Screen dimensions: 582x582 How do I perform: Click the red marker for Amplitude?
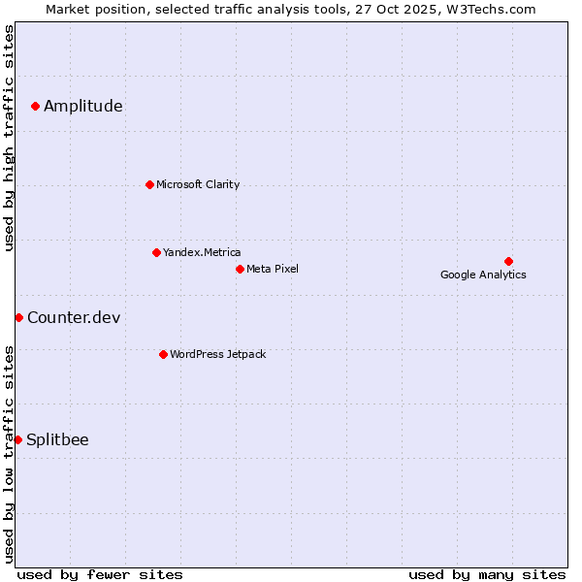pyautogui.click(x=35, y=106)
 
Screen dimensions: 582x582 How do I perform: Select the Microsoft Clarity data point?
pyautogui.click(x=149, y=184)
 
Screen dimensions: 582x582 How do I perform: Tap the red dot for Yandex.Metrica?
pyautogui.click(x=156, y=252)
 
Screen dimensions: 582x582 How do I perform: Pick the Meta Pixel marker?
pyautogui.click(x=240, y=269)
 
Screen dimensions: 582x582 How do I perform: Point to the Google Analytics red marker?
pyautogui.click(x=508, y=261)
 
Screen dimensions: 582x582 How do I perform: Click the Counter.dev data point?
pyautogui.click(x=18, y=317)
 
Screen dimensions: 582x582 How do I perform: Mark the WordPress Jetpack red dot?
pyautogui.click(x=163, y=354)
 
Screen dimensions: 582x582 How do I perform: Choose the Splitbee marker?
pyautogui.click(x=17, y=439)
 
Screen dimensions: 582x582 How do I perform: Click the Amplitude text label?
pyautogui.click(x=83, y=107)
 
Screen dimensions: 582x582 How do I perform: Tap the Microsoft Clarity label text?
pyautogui.click(x=198, y=184)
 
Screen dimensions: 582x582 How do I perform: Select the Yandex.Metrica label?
pyautogui.click(x=202, y=252)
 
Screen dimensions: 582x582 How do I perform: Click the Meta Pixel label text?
pyautogui.click(x=273, y=269)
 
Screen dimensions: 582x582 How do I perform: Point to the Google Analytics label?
pyautogui.click(x=483, y=275)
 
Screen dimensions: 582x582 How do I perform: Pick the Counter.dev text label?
pyautogui.click(x=74, y=318)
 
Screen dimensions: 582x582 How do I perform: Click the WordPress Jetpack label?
pyautogui.click(x=217, y=354)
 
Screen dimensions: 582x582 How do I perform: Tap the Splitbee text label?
pyautogui.click(x=57, y=440)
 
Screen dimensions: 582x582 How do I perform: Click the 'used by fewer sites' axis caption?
pyautogui.click(x=100, y=574)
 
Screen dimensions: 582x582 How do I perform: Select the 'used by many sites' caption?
pyautogui.click(x=487, y=574)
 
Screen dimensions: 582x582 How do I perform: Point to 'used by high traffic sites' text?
pyautogui.click(x=9, y=138)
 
